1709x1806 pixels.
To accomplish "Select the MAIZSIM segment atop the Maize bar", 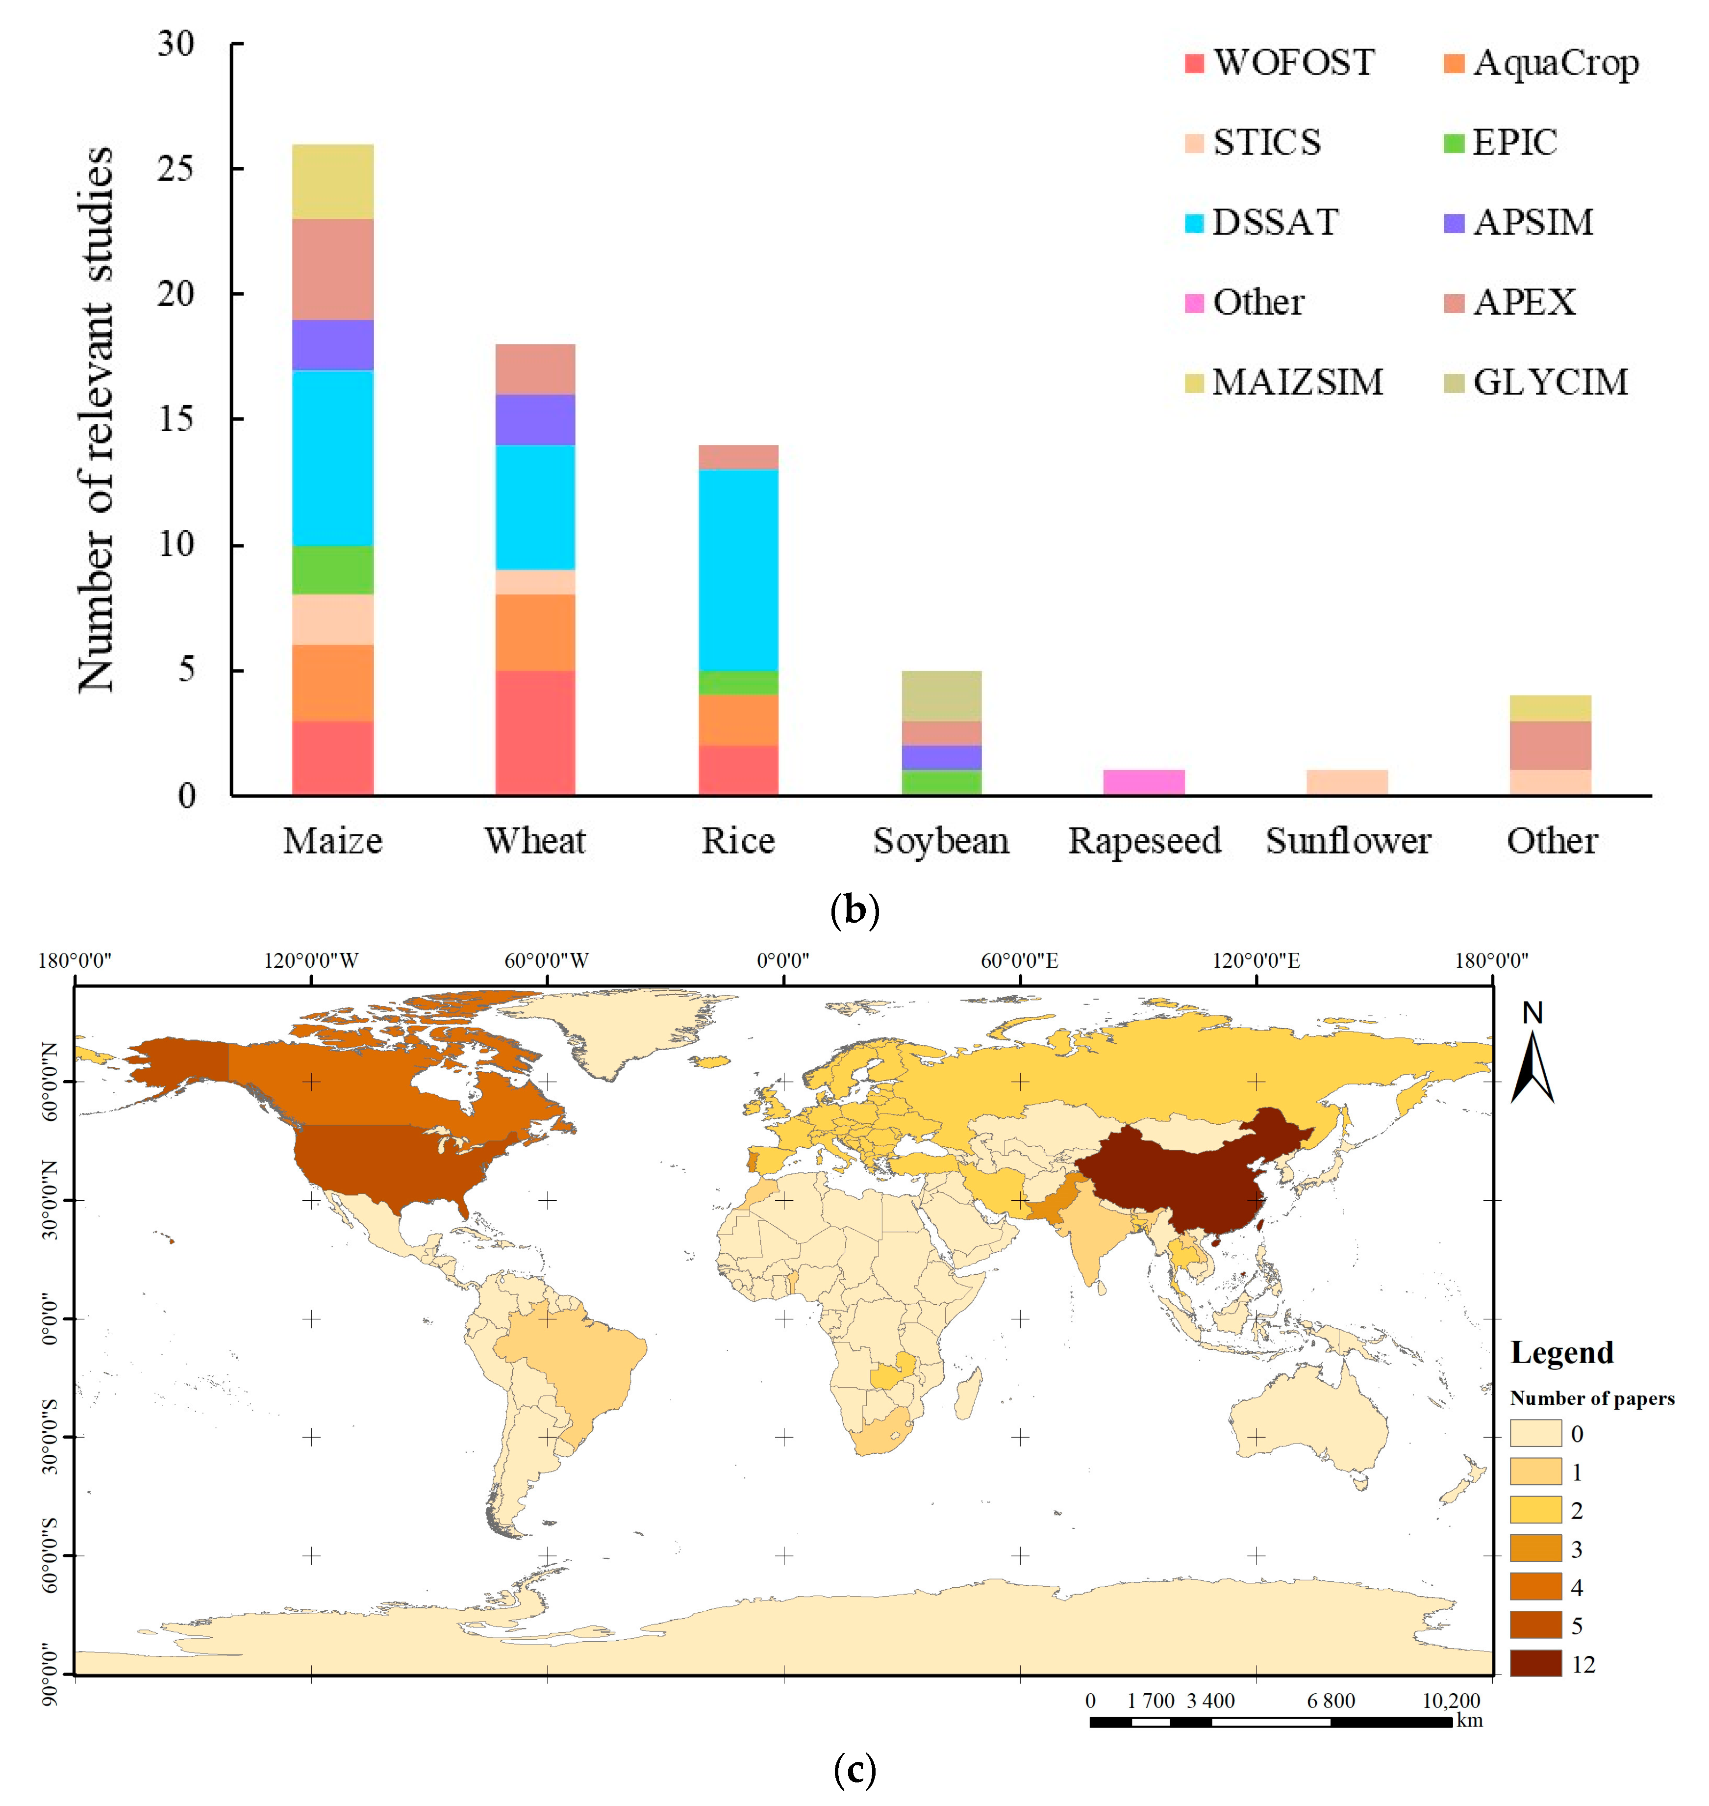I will tap(332, 181).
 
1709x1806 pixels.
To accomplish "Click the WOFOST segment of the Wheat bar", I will tap(535, 733).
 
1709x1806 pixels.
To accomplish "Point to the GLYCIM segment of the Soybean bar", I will tap(941, 696).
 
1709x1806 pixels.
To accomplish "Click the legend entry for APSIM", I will tap(1533, 222).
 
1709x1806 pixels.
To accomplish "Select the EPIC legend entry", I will tap(1514, 143).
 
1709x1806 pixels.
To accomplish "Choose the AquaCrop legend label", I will tap(1555, 63).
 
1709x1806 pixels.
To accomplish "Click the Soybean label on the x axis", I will tap(941, 840).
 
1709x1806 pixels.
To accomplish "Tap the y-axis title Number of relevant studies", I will tap(96, 419).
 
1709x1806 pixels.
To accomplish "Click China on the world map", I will tap(1175, 1175).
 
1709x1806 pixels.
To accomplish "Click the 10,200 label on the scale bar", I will tap(1451, 1701).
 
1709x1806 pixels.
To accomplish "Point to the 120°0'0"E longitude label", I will tap(1256, 960).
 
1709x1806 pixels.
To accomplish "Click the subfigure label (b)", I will tap(854, 909).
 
